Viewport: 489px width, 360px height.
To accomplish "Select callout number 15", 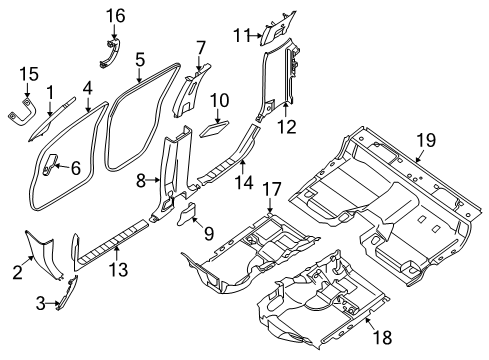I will pos(30,74).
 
